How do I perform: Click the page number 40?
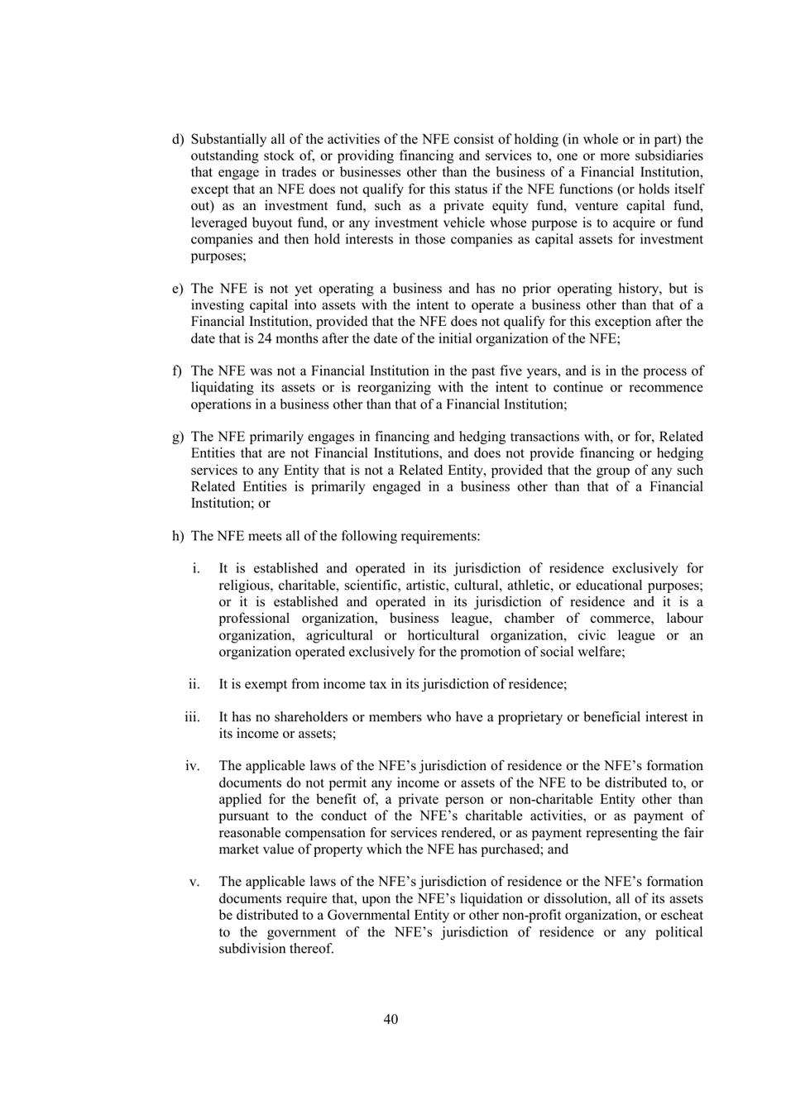391,1019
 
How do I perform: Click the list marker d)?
178,140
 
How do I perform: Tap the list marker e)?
178,289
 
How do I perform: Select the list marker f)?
177,371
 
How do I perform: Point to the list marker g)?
178,437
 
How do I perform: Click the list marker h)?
178,536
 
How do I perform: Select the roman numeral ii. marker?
194,684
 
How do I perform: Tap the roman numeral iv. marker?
193,766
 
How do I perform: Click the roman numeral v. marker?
195,882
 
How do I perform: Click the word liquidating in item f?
222,388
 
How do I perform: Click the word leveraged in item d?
219,222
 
